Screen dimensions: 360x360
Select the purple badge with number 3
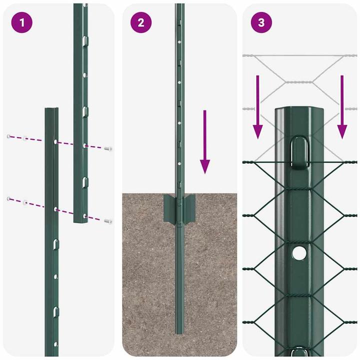coord(261,23)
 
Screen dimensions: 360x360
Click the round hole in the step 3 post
coord(299,253)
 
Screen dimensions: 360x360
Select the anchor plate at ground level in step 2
coord(178,209)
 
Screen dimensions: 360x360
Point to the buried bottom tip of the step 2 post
coord(178,330)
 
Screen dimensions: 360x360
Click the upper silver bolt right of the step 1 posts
coord(108,148)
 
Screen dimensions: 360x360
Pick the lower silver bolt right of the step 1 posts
coord(108,220)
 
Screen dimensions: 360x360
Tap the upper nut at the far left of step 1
coord(9,136)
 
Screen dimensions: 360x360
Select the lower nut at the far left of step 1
coord(9,199)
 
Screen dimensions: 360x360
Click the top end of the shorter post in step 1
coord(52,109)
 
